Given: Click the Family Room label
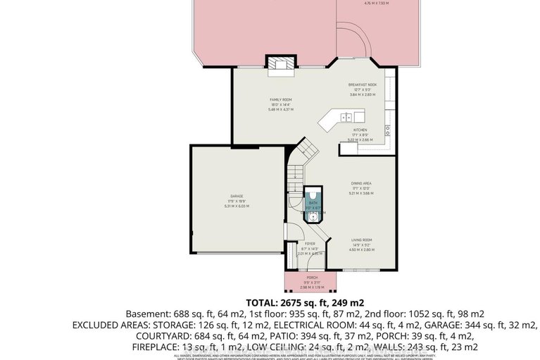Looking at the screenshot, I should pos(280,100).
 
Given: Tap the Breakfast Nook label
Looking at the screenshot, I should pos(362,85).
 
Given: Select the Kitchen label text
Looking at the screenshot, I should pos(360,130).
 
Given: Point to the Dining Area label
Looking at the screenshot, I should pos(361,183).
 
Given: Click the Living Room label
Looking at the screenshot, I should pos(361,240).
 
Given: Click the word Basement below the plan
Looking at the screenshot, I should pos(149,314).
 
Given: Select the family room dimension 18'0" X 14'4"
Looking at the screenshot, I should pos(280,104).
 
